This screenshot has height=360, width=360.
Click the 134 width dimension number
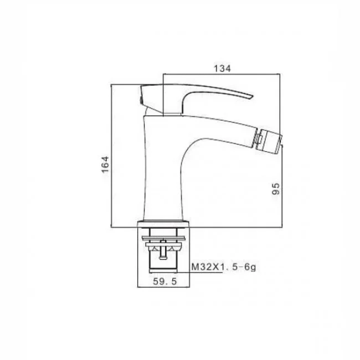pyautogui.click(x=222, y=69)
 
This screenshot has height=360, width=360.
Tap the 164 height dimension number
pyautogui.click(x=105, y=164)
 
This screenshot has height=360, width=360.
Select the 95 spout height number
pyautogui.click(x=276, y=189)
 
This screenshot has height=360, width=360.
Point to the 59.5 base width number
pyautogui.click(x=165, y=281)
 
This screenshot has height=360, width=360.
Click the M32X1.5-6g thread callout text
pyautogui.click(x=224, y=267)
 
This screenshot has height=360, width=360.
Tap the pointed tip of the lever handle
pyautogui.click(x=253, y=95)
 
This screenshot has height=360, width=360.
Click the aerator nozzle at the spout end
pyautogui.click(x=269, y=141)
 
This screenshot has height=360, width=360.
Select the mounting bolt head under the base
pyautogui.click(x=163, y=258)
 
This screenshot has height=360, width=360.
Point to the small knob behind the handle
pyautogui.click(x=140, y=100)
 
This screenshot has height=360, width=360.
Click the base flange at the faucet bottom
pyautogui.click(x=163, y=224)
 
